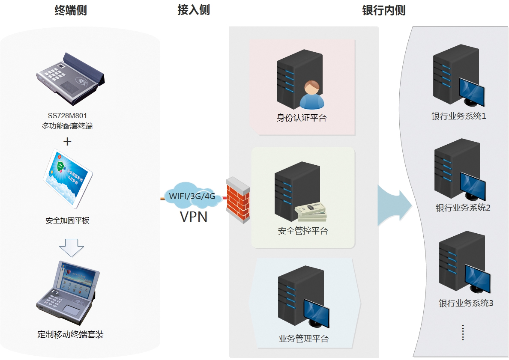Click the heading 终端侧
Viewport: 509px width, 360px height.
(71, 10)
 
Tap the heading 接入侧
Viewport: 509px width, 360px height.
(194, 10)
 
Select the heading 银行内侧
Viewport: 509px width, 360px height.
(383, 10)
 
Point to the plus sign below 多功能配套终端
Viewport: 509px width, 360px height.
(67, 142)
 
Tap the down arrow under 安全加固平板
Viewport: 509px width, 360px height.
(71, 247)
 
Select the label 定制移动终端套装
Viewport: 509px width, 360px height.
(71, 335)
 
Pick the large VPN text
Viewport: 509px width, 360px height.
(194, 217)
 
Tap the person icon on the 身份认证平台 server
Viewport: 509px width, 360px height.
(311, 95)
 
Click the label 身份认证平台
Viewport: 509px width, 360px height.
(302, 118)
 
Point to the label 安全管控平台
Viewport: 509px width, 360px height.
(303, 231)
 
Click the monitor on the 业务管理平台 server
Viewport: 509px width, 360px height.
(316, 313)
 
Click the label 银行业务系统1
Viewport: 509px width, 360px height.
(458, 116)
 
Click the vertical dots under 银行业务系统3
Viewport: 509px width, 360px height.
(463, 333)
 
